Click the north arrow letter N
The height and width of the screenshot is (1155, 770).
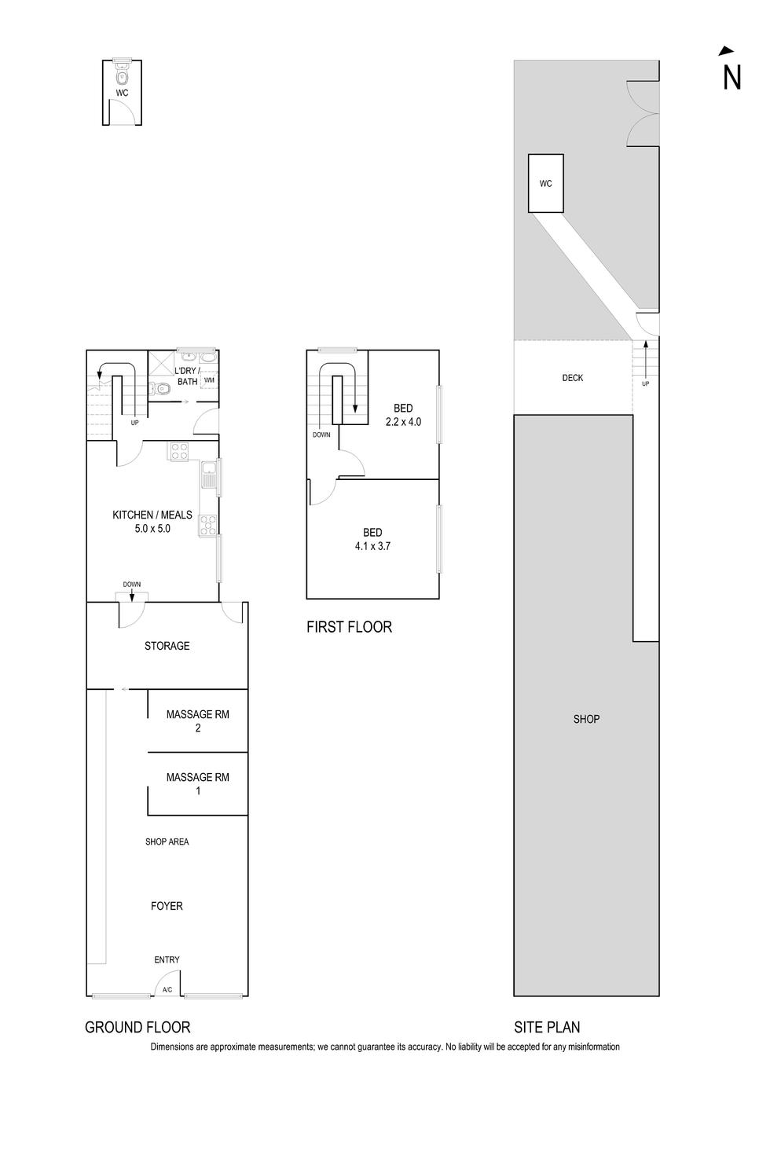pos(731,77)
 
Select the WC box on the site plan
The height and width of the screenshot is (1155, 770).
pos(545,183)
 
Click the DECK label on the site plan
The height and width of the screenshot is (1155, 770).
pos(573,378)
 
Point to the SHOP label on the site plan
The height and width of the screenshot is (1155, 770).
pos(586,719)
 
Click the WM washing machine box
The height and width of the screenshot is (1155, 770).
pos(209,381)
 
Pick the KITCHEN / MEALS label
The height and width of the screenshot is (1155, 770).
pos(152,515)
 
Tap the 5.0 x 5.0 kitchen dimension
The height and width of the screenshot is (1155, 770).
pos(152,529)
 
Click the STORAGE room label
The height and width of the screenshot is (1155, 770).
pos(167,646)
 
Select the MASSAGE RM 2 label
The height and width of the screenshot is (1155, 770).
pos(198,720)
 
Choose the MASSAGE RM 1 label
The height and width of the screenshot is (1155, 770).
pos(198,783)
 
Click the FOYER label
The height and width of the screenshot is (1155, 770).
pos(167,906)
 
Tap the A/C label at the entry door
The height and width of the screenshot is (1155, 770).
pos(167,990)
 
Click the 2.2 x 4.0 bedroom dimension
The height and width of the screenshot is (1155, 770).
pos(403,422)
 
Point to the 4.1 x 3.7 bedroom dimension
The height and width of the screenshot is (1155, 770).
pos(372,546)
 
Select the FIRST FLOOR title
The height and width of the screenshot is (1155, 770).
pos(349,627)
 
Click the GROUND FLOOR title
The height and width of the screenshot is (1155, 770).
pos(137,1027)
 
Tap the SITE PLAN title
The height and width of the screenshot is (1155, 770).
pos(547,1027)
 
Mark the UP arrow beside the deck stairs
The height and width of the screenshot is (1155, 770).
pos(646,363)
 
